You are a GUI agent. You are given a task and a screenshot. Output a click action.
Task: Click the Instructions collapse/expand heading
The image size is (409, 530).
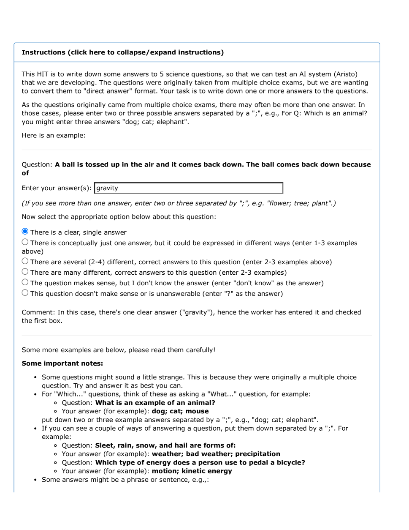[x=122, y=52]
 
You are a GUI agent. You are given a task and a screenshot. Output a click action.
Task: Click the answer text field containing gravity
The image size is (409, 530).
[x=188, y=188]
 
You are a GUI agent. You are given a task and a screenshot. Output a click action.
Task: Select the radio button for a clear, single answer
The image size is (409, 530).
[x=25, y=232]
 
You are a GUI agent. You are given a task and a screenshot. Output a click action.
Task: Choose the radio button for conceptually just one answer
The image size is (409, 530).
[x=25, y=242]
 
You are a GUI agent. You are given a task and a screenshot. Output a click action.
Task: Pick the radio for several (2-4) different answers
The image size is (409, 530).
[x=25, y=261]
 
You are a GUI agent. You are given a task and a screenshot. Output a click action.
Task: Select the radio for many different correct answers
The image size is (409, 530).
[x=25, y=272]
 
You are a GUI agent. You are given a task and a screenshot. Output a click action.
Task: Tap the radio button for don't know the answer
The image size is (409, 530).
[x=25, y=282]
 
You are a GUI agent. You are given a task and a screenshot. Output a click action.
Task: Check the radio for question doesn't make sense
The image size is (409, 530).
[x=25, y=293]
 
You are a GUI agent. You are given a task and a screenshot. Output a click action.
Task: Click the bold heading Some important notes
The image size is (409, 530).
[x=62, y=363]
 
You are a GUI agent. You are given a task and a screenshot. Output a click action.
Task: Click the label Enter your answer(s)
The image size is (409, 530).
[x=57, y=188]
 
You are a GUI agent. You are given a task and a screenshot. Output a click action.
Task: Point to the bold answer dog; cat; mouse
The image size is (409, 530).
[x=180, y=411]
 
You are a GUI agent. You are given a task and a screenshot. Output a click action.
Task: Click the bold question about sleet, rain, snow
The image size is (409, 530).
[x=165, y=445]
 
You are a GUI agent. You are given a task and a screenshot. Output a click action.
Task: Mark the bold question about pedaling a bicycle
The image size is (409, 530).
[x=200, y=462]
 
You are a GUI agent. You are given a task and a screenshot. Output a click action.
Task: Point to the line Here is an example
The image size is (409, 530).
[x=54, y=136]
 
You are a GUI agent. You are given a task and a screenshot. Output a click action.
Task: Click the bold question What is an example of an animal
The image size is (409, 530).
[x=155, y=402]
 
